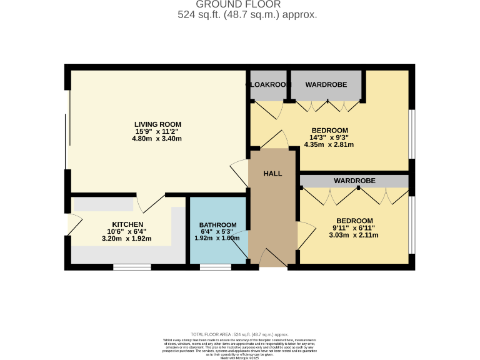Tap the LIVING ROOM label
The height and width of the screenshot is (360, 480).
tap(157, 124)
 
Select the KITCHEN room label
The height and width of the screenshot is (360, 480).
tap(127, 224)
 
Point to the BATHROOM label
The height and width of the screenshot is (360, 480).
tap(217, 225)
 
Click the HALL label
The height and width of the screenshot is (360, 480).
tap(272, 174)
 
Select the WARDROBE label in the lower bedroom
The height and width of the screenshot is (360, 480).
tap(354, 181)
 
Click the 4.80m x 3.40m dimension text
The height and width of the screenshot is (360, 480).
tap(157, 139)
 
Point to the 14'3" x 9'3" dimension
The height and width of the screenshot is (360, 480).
tap(329, 138)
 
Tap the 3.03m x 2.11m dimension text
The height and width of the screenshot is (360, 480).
tap(354, 236)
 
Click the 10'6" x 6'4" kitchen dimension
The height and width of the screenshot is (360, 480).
tap(127, 231)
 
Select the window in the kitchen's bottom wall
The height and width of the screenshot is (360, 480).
tap(132, 267)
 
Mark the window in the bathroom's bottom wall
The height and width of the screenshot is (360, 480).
tap(215, 267)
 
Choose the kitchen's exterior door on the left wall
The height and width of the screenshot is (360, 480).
tap(71, 222)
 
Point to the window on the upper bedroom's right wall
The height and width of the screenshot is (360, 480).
tap(411, 134)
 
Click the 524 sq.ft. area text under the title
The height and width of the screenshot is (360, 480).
tap(247, 14)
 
